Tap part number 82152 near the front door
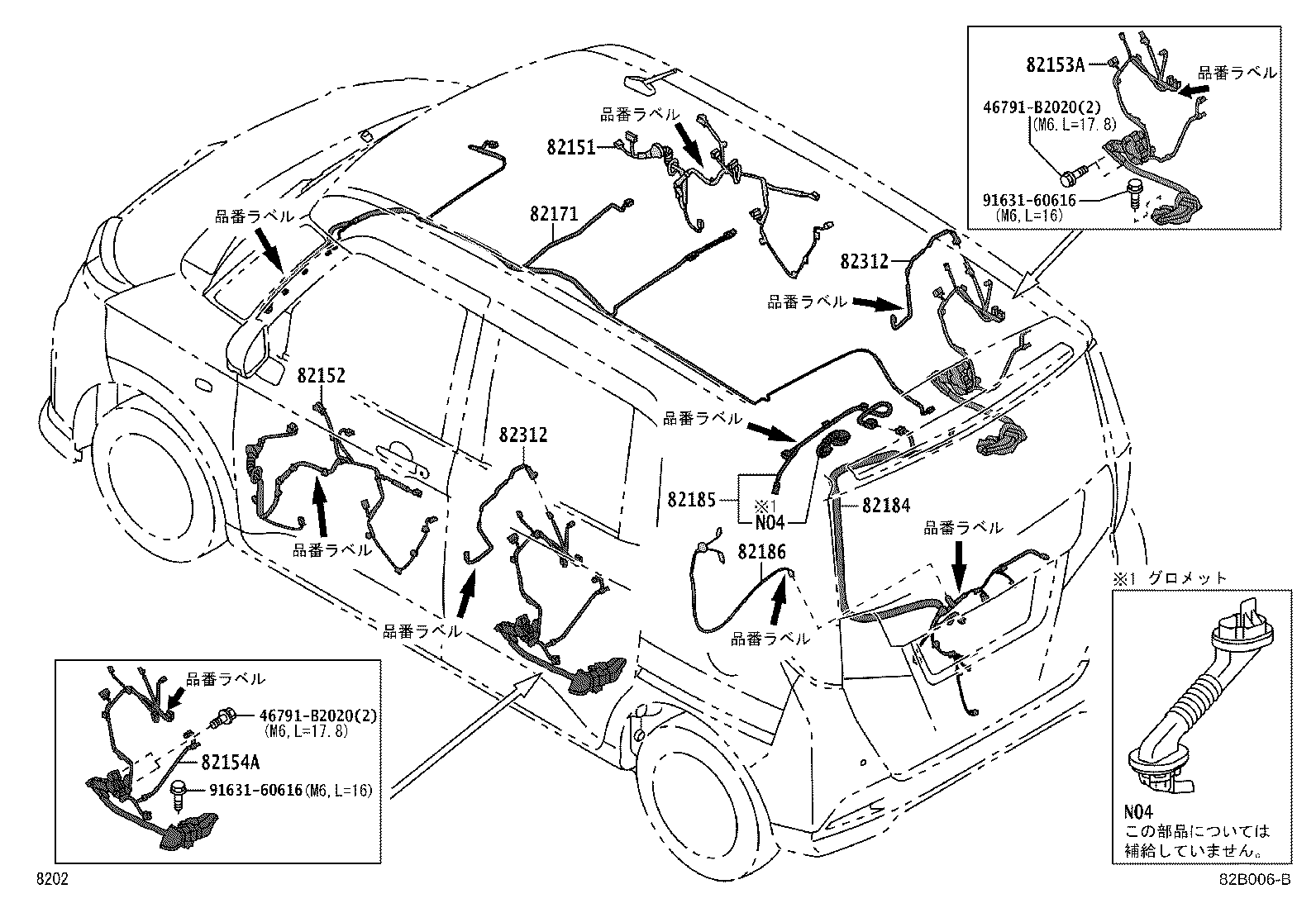point(321,376)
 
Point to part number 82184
point(885,505)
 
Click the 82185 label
point(691,499)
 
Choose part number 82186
point(761,551)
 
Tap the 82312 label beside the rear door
point(522,435)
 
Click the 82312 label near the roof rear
point(864,261)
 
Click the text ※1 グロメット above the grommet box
point(1171,578)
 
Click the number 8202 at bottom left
point(51,881)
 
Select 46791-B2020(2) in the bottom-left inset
point(317,715)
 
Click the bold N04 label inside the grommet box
point(1137,814)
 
